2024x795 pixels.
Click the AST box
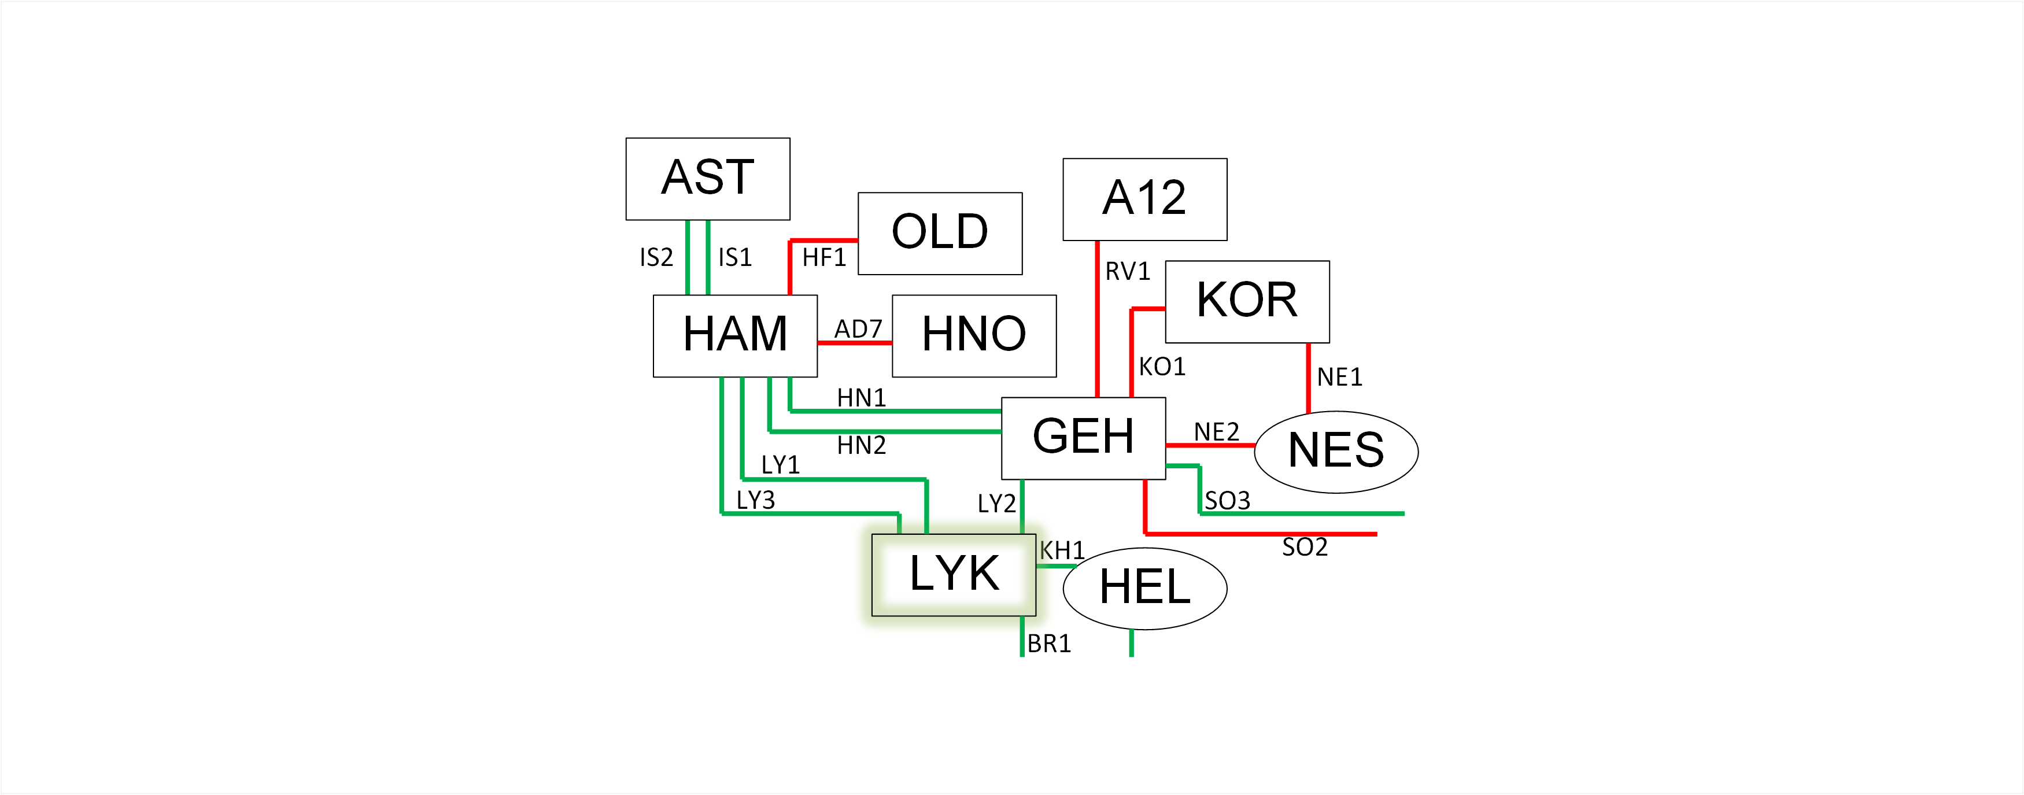click(x=707, y=178)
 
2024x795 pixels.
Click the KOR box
click(x=1247, y=301)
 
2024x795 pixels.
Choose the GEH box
click(x=1083, y=438)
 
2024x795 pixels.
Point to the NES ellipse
click(x=1336, y=452)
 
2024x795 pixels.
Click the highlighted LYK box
click(x=953, y=574)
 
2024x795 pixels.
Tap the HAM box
click(x=734, y=335)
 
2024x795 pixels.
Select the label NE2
click(x=1216, y=431)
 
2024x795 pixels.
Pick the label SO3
click(x=1227, y=500)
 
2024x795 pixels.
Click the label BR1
click(x=1048, y=644)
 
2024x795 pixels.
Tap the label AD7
click(x=857, y=328)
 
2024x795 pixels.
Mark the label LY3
click(x=755, y=500)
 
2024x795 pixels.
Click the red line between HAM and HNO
click(x=854, y=342)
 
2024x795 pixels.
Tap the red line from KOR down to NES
click(x=1308, y=377)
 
